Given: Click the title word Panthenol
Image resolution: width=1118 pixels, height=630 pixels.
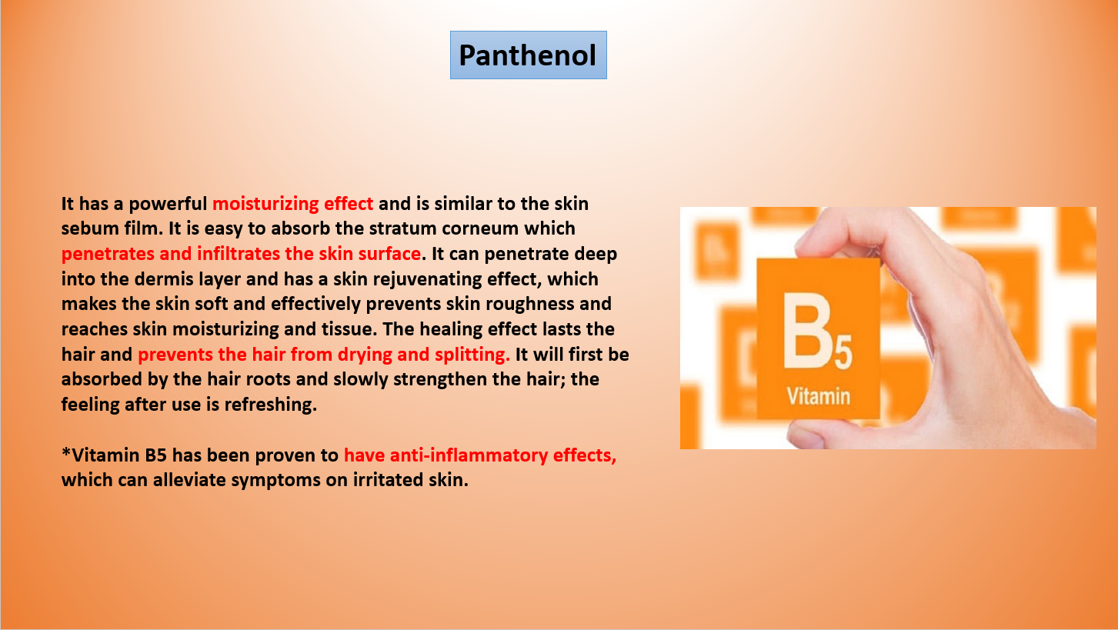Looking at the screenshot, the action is point(528,55).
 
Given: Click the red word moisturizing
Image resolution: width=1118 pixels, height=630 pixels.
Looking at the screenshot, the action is point(265,204).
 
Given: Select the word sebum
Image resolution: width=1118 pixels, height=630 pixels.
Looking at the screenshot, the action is point(85,228).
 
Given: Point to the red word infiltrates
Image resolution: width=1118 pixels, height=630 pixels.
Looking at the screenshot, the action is point(238,254).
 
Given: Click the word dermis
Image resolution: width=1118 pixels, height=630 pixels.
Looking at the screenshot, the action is point(164,278).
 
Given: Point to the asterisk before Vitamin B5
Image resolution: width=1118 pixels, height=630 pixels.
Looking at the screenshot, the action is point(66,452).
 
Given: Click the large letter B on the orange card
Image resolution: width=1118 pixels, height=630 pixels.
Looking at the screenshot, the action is point(807,330).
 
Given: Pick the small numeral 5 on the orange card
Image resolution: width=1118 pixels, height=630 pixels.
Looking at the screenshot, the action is point(843,352).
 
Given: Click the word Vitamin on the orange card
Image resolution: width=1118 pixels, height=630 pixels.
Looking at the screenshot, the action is point(819,397).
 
